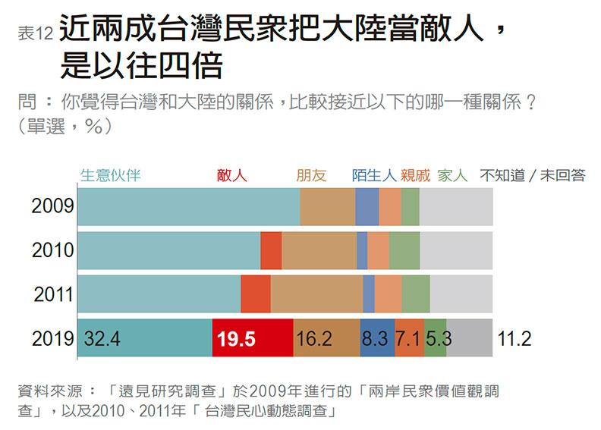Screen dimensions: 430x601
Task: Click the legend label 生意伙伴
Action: coord(111,175)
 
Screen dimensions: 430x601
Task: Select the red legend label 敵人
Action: coord(231,175)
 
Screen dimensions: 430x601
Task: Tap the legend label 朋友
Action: coord(311,175)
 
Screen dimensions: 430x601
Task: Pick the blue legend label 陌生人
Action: coord(375,175)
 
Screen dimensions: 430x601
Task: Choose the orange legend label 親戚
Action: coord(415,175)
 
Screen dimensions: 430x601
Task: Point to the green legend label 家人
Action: coord(453,175)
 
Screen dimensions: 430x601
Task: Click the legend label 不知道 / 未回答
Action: coord(533,175)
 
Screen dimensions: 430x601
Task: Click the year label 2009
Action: coord(52,206)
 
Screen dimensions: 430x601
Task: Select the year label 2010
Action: coord(52,250)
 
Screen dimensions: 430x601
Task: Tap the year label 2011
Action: coord(53,294)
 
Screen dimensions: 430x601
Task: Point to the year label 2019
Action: coord(52,339)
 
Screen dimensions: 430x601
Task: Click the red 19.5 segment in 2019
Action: coord(252,338)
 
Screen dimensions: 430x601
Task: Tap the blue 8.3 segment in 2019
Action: coord(377,338)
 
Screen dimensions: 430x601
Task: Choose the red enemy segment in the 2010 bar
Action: coord(271,250)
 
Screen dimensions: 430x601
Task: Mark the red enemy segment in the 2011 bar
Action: coord(256,294)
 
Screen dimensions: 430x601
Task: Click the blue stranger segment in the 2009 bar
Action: coord(367,206)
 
